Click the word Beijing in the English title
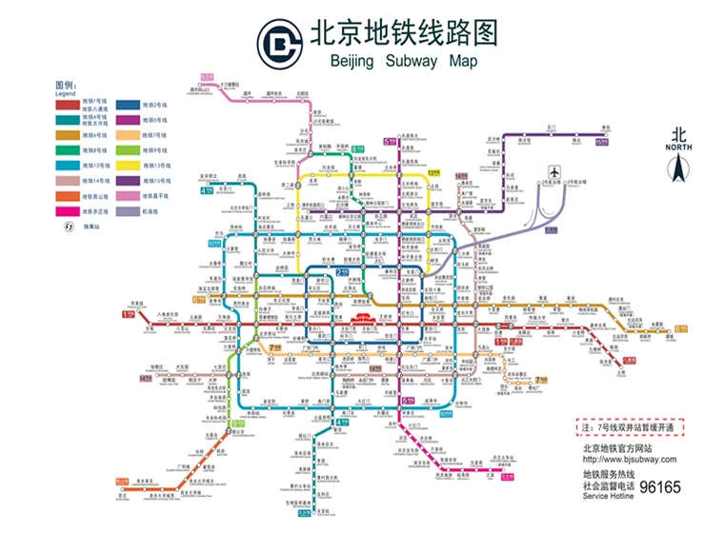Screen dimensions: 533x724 coord(353,62)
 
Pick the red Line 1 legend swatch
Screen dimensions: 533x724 coord(67,105)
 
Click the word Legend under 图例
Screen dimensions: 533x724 coord(65,94)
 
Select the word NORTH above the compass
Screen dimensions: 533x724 coord(678,148)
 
